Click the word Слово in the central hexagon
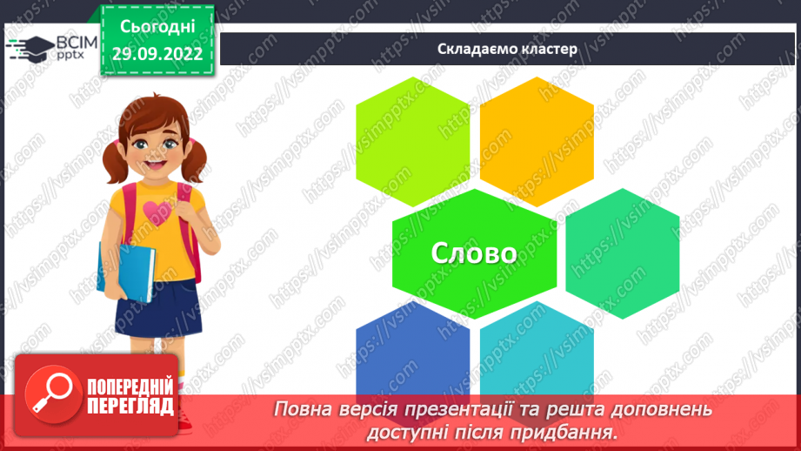pyautogui.click(x=474, y=252)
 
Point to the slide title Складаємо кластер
pyautogui.click(x=507, y=49)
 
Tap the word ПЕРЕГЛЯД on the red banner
pyautogui.click(x=130, y=406)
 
